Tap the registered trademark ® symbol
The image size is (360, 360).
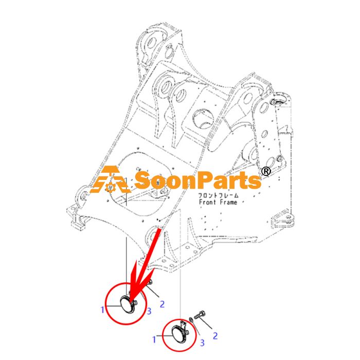(x=266, y=171)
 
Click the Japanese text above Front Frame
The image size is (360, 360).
(x=218, y=195)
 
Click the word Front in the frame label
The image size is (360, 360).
(x=208, y=202)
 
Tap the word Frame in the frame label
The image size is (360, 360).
(x=228, y=202)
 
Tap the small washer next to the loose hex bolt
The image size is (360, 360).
(x=191, y=319)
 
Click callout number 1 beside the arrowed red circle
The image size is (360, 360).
(x=103, y=310)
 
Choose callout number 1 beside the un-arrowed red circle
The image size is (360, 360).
(x=154, y=339)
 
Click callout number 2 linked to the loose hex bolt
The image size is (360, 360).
(x=215, y=336)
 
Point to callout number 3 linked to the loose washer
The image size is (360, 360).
(x=202, y=343)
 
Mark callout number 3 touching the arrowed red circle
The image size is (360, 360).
(x=149, y=311)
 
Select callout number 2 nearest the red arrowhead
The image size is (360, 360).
(x=162, y=304)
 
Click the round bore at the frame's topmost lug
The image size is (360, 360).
(x=152, y=43)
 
